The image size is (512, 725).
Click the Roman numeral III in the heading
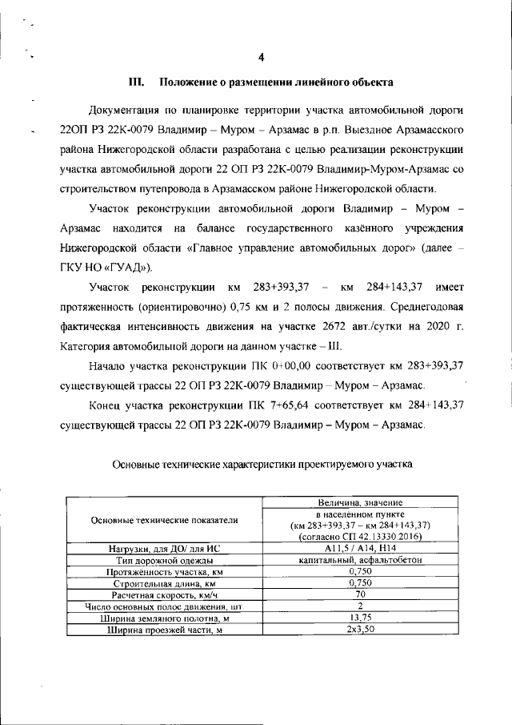137,83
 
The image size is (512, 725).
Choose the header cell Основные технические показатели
165,520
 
